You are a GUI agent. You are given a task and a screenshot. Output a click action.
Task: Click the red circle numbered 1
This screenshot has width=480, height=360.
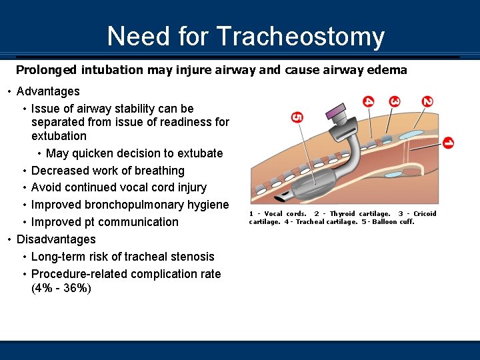click(x=448, y=143)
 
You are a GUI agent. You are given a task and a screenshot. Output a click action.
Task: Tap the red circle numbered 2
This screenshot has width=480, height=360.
click(x=427, y=101)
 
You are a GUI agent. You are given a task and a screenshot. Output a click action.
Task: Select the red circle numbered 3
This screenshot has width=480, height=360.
click(x=395, y=101)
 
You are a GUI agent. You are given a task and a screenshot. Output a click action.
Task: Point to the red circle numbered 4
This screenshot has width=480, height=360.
click(x=369, y=101)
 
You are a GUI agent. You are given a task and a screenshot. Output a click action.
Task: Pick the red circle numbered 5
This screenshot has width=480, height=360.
click(x=297, y=117)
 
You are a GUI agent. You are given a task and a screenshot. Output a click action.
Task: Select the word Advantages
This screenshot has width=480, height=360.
click(x=48, y=91)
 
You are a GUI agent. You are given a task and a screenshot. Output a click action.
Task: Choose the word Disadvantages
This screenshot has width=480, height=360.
click(x=56, y=239)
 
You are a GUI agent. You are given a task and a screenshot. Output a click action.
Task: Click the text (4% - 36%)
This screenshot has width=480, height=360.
click(x=61, y=289)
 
